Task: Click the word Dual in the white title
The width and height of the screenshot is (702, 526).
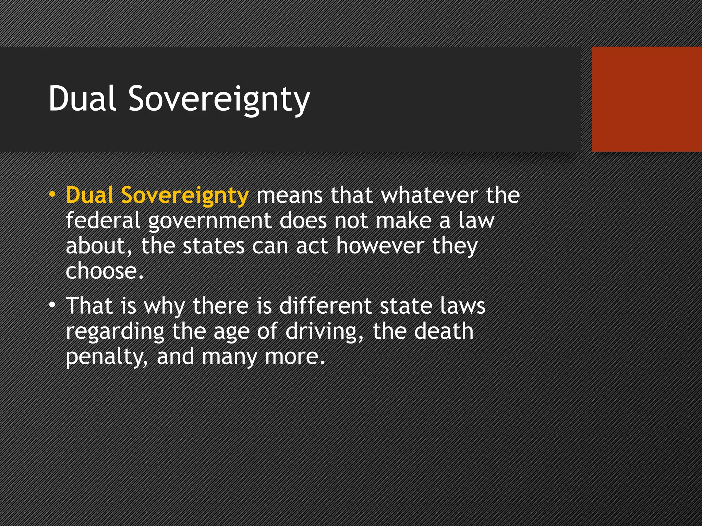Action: pyautogui.click(x=82, y=99)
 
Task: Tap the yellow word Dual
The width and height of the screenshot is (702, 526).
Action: pyautogui.click(x=89, y=195)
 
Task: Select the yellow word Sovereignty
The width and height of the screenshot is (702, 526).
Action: pyautogui.click(x=185, y=196)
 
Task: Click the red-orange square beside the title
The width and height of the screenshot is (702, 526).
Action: pyautogui.click(x=647, y=99)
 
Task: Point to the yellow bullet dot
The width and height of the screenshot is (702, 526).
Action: pyautogui.click(x=52, y=195)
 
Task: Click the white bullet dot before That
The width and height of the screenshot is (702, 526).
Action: pyautogui.click(x=52, y=305)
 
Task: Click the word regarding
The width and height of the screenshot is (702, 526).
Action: pyautogui.click(x=115, y=332)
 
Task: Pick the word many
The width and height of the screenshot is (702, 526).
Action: pyautogui.click(x=229, y=358)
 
